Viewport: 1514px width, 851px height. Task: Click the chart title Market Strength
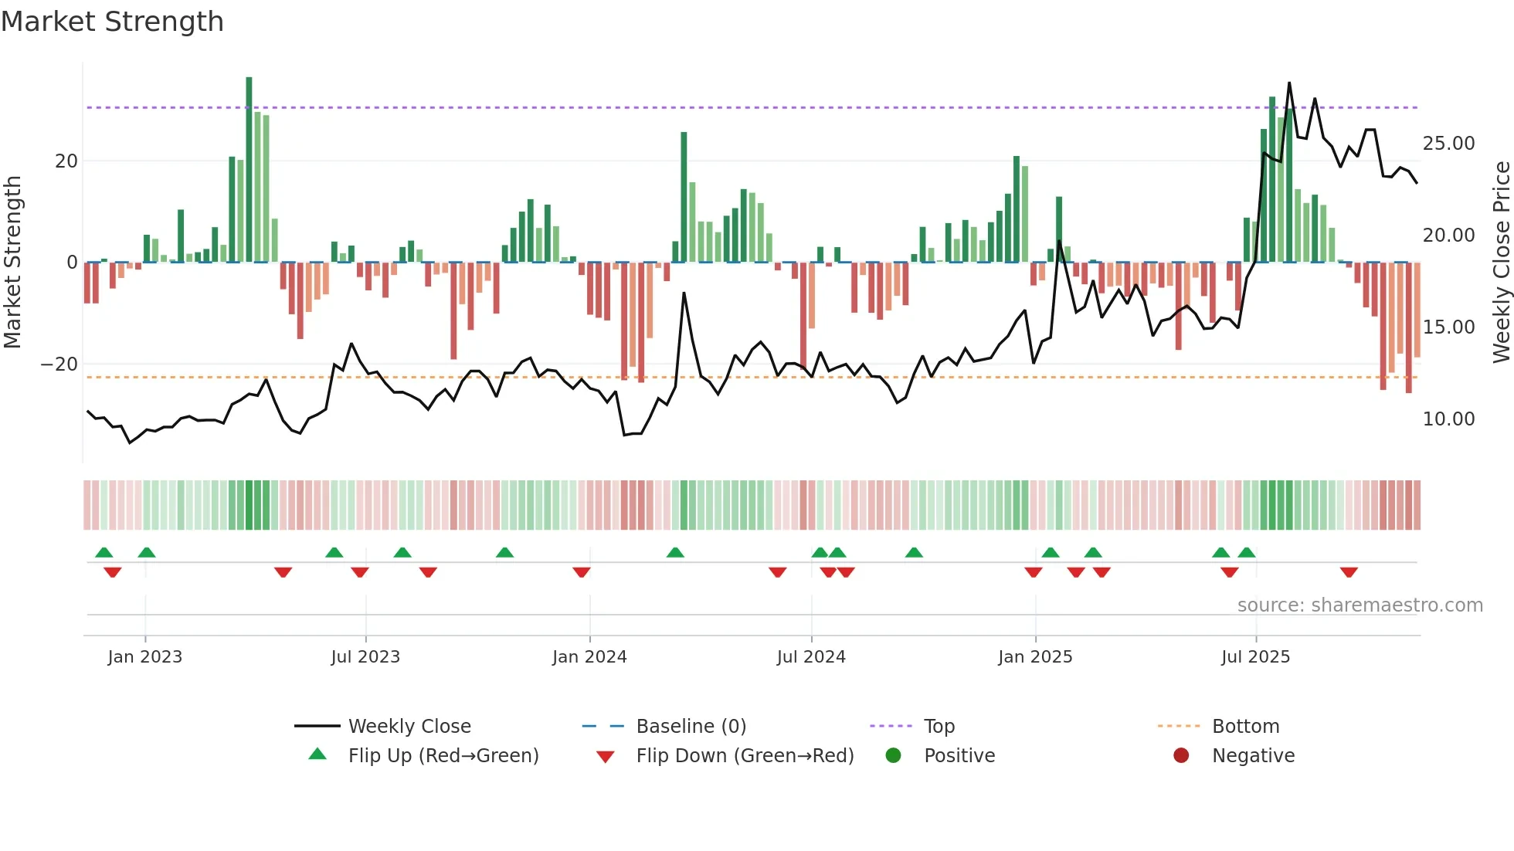click(x=112, y=22)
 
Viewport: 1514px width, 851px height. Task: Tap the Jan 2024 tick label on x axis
click(x=589, y=657)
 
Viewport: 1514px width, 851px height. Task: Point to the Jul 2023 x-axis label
click(x=365, y=657)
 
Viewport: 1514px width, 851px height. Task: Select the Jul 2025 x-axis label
click(x=1255, y=657)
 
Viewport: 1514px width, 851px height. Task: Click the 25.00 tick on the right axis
click(x=1448, y=144)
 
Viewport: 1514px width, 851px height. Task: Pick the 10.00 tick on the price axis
click(x=1448, y=419)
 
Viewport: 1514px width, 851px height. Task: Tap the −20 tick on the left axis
click(x=59, y=364)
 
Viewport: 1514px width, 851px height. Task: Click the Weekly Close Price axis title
click(x=1501, y=263)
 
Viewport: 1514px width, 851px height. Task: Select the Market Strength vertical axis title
click(x=12, y=263)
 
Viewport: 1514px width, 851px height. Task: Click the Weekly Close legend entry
click(x=409, y=727)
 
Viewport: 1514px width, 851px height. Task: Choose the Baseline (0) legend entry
click(x=691, y=727)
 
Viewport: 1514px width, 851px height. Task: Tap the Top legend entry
click(x=939, y=727)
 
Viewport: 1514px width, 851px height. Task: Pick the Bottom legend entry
click(x=1245, y=727)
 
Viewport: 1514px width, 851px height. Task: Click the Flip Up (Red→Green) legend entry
click(x=443, y=756)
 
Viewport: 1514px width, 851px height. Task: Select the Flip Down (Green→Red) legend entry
click(x=745, y=756)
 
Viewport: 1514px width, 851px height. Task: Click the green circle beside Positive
click(x=894, y=756)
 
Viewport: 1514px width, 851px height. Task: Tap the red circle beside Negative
click(x=1181, y=756)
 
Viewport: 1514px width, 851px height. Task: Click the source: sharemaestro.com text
click(x=1360, y=605)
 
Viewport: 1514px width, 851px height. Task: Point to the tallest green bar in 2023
click(x=249, y=170)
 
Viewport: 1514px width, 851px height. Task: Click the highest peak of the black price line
click(x=1288, y=83)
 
